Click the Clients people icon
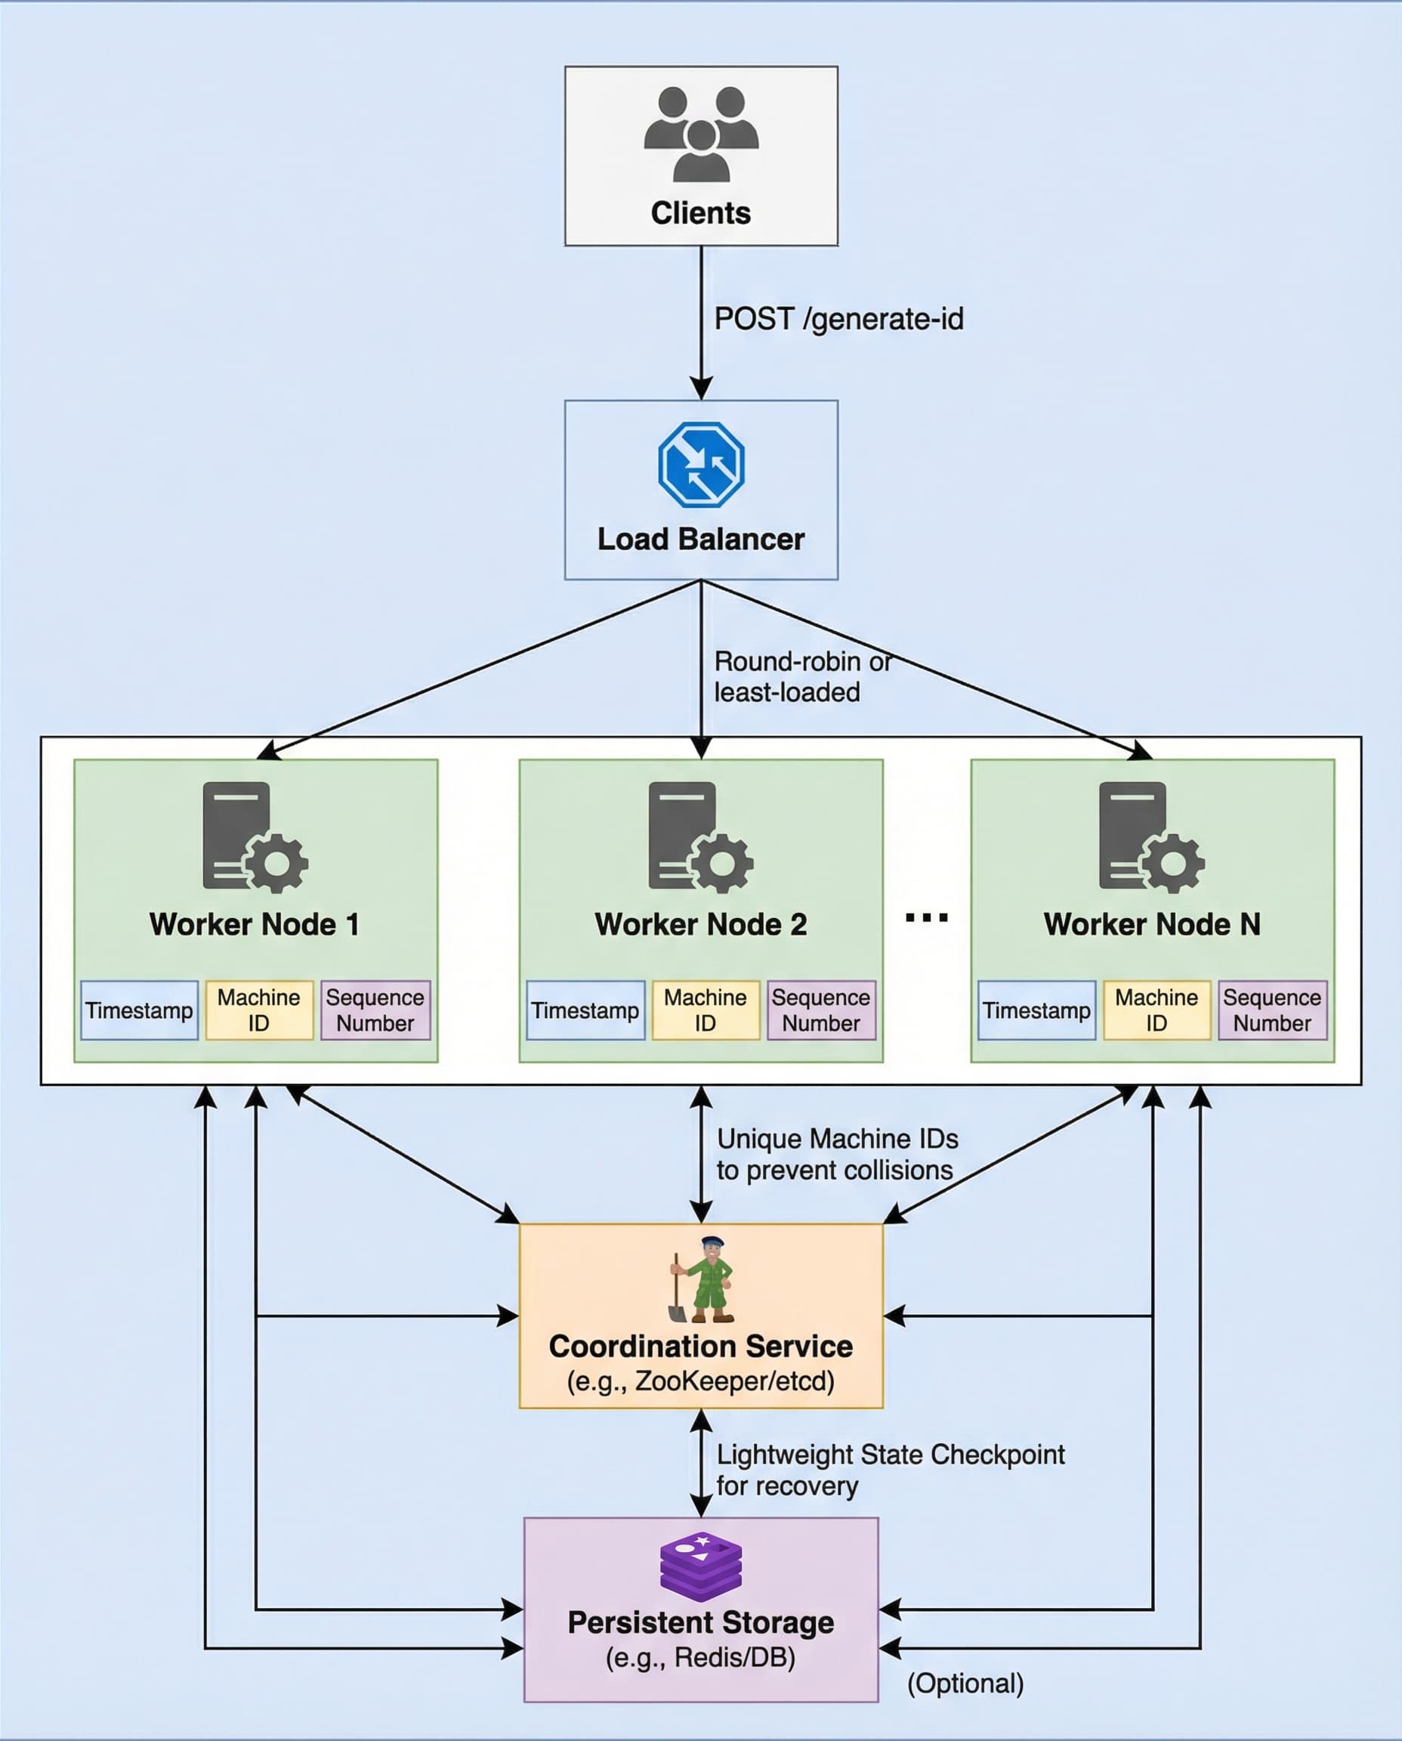(x=700, y=133)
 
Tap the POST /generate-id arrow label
(x=838, y=318)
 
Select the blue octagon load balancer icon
(x=700, y=465)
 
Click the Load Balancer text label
(x=700, y=539)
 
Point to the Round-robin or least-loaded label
(x=801, y=677)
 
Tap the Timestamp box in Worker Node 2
(x=585, y=1010)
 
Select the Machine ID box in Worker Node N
(x=1156, y=1010)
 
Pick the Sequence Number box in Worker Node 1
(x=375, y=1010)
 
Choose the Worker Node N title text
(x=1152, y=924)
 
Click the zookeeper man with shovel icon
(x=702, y=1281)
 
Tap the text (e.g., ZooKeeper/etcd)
(x=700, y=1381)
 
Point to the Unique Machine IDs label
(x=837, y=1154)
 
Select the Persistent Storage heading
(x=700, y=1622)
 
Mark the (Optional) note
(x=965, y=1684)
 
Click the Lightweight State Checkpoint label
(x=890, y=1470)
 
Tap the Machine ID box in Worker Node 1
(x=258, y=1010)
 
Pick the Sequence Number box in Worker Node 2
(x=820, y=1010)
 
